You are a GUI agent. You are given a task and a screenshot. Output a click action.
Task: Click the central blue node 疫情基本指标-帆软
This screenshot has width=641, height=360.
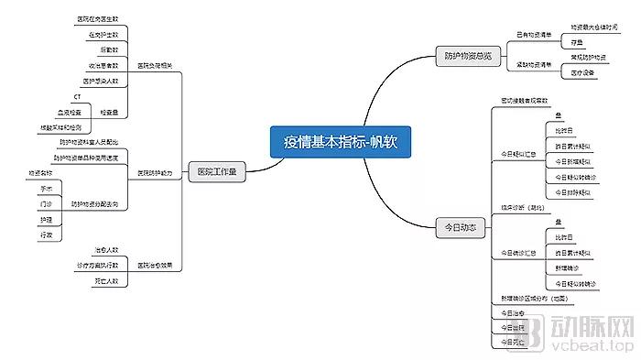coord(341,142)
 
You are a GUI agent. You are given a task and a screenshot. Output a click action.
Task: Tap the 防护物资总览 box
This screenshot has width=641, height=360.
coord(462,55)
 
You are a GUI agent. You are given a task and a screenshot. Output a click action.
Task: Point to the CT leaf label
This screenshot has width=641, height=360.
coord(78,96)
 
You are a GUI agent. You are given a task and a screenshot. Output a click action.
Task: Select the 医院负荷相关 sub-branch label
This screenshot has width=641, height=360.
coord(156,66)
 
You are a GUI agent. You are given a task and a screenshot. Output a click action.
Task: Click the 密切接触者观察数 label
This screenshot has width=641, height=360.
coord(526,99)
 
